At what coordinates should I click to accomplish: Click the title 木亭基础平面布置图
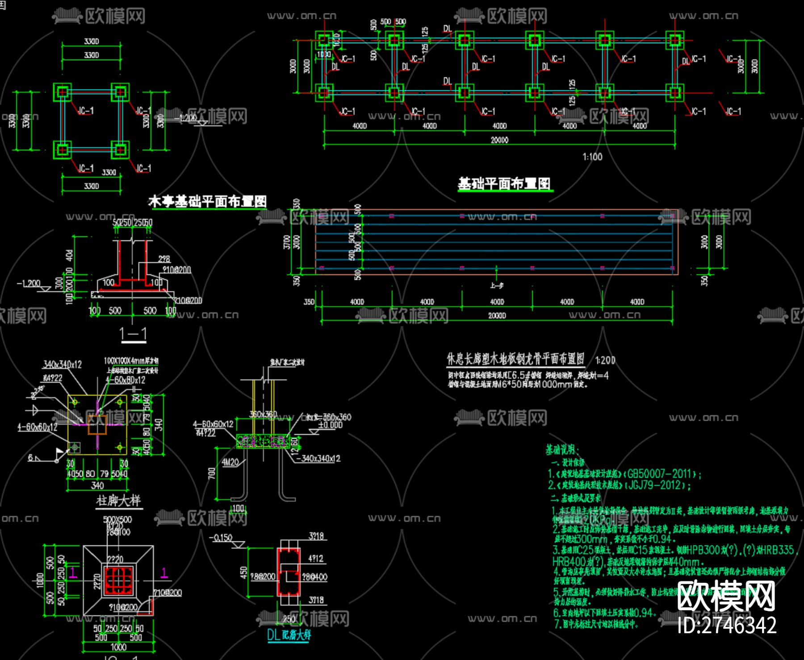(x=207, y=202)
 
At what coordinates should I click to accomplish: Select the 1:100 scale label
(x=592, y=157)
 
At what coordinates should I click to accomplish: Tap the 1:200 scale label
(x=605, y=360)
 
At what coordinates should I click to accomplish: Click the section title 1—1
(x=133, y=334)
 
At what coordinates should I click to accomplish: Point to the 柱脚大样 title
(x=118, y=501)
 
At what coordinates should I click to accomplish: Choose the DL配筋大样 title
(x=289, y=635)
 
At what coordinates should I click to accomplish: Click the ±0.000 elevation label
(x=330, y=425)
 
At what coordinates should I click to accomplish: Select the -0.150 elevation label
(x=221, y=538)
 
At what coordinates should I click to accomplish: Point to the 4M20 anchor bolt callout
(x=230, y=462)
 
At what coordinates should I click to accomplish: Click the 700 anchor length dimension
(x=212, y=473)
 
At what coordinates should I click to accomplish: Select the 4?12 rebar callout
(x=315, y=559)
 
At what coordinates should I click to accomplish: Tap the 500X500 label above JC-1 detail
(x=117, y=520)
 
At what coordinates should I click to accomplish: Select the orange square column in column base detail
(x=97, y=424)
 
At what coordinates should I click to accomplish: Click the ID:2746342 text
(x=727, y=625)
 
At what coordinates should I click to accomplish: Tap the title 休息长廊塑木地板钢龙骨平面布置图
(x=516, y=359)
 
